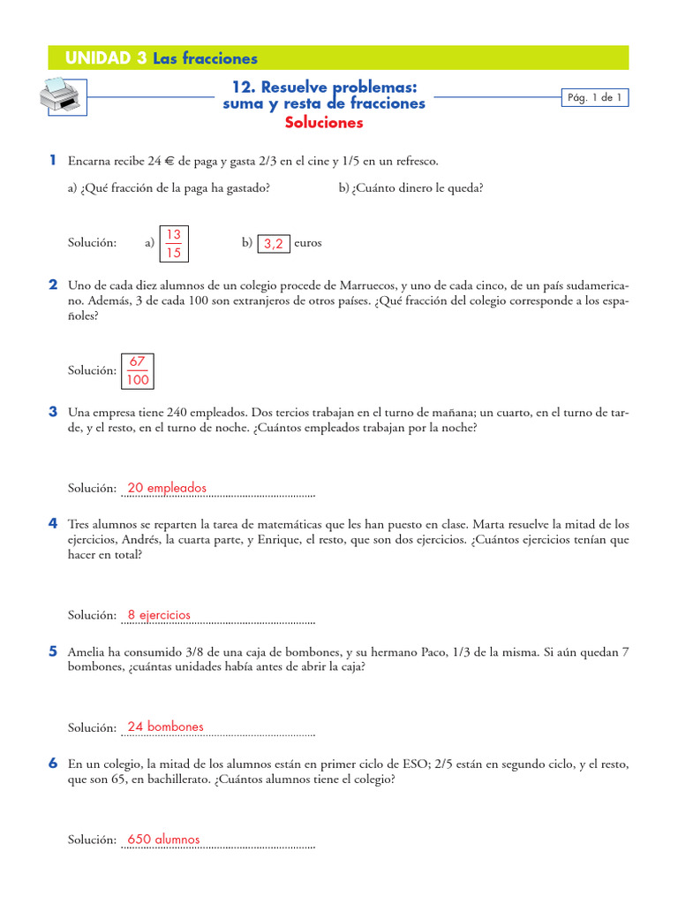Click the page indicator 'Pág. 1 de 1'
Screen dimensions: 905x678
(595, 98)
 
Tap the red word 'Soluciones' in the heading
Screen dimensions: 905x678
(324, 123)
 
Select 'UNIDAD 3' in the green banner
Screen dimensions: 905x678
(106, 58)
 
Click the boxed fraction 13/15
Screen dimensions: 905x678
(174, 243)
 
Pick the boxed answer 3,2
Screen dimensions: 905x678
(274, 245)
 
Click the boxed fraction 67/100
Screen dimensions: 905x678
(137, 371)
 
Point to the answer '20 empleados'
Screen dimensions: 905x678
(167, 488)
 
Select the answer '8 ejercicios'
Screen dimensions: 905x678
(159, 615)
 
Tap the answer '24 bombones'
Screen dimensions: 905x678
(165, 726)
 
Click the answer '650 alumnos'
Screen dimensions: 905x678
(163, 840)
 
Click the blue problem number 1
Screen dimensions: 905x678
(53, 160)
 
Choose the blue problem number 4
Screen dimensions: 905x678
(53, 524)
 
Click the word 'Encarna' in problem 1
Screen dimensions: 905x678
(89, 161)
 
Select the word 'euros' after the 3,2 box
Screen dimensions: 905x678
(307, 243)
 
